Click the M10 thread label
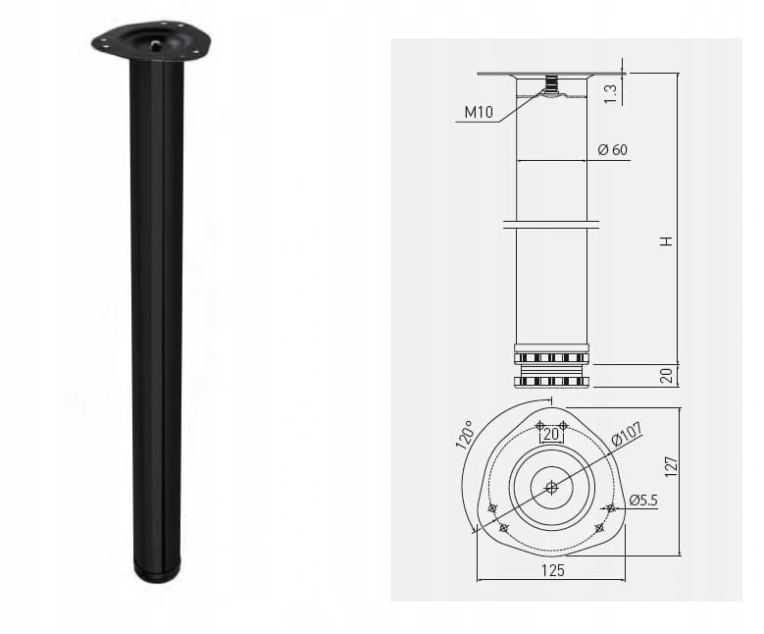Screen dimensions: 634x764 coord(478,112)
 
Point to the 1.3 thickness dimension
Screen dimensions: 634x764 coord(610,93)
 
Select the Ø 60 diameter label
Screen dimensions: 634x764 coord(612,150)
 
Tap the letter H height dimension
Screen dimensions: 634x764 coord(667,240)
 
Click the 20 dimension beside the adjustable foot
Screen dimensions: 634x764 coord(667,375)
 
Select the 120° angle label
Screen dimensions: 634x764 coord(463,435)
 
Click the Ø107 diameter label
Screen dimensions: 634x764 coord(625,434)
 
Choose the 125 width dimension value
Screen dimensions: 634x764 coord(551,568)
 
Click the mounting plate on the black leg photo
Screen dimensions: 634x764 coord(151,40)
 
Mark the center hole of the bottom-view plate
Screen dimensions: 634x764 coord(551,485)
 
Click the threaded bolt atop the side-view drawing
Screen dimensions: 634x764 coord(552,84)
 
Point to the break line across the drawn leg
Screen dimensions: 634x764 coord(551,225)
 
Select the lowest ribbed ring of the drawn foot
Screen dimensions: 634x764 coord(551,381)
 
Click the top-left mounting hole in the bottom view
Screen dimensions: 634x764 coord(540,424)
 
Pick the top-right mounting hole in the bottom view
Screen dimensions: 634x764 coord(563,424)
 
